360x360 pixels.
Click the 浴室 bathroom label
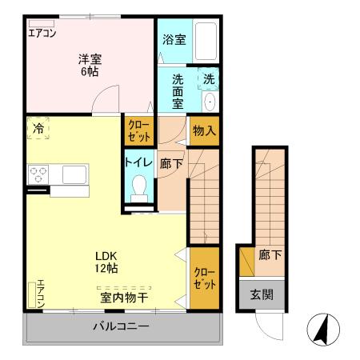point(174,38)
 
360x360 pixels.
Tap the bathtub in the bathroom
point(206,41)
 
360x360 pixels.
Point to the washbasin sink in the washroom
point(210,102)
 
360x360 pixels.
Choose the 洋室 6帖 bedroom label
point(88,64)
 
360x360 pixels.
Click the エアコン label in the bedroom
point(42,33)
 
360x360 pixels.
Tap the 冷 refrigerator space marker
point(38,127)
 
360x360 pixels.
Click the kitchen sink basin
point(75,174)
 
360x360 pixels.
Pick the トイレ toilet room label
point(138,161)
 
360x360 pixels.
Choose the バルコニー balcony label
point(121,326)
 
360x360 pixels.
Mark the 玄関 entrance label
point(260,294)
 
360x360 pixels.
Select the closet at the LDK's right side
point(204,278)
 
